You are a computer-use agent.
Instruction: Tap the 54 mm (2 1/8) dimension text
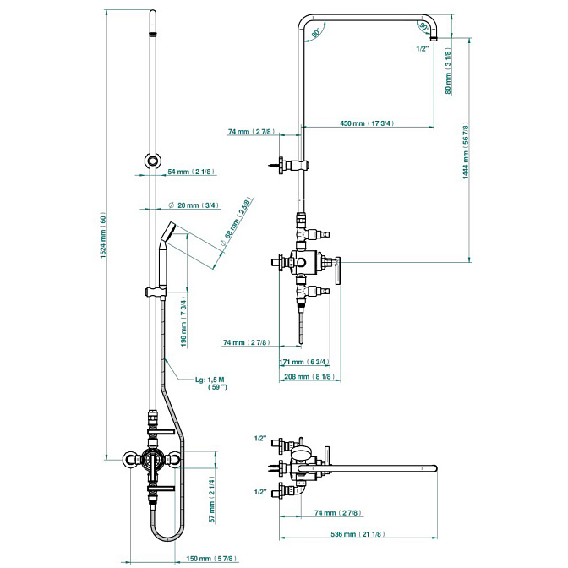(x=191, y=172)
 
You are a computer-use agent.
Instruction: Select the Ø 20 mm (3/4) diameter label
(x=194, y=205)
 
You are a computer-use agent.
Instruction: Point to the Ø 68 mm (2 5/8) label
(x=236, y=222)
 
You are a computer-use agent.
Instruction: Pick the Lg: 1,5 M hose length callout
(x=211, y=383)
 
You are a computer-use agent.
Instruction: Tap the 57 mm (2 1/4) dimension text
(x=212, y=499)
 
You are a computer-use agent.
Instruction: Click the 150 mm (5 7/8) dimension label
(x=211, y=559)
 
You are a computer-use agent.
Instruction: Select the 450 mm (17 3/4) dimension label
(x=367, y=123)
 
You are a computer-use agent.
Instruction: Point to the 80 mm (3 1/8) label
(x=449, y=71)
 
